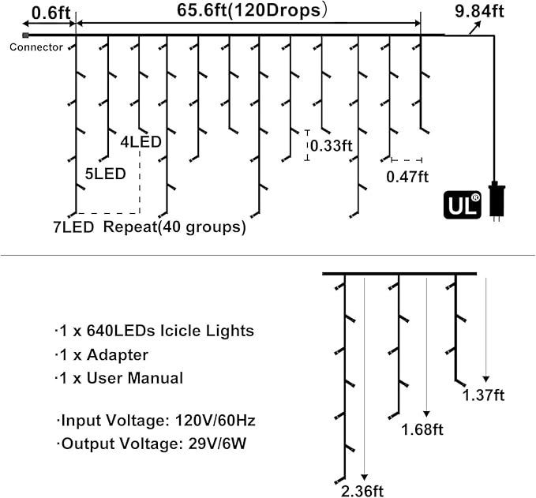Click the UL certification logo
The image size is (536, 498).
click(463, 204)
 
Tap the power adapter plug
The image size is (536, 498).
click(497, 201)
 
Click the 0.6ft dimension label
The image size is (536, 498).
click(51, 13)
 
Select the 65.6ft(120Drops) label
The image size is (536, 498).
click(252, 10)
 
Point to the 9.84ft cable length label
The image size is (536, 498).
click(479, 11)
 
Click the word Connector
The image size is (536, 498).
click(36, 47)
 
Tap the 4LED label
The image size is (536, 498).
click(141, 142)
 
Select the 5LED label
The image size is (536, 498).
click(105, 174)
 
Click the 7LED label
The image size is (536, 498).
click(73, 227)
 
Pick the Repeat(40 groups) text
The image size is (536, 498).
click(174, 227)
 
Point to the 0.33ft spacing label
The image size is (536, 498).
click(332, 146)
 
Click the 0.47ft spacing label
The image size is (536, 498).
click(407, 177)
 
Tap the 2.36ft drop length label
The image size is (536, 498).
click(362, 491)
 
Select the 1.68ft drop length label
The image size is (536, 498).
click(422, 429)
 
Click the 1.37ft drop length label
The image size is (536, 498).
click(483, 395)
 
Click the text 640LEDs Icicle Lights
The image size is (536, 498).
click(171, 331)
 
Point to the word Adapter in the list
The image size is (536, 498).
click(118, 355)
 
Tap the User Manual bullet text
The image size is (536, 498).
click(135, 378)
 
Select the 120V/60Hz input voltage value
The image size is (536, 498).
click(216, 421)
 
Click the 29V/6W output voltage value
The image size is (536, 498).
click(217, 444)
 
